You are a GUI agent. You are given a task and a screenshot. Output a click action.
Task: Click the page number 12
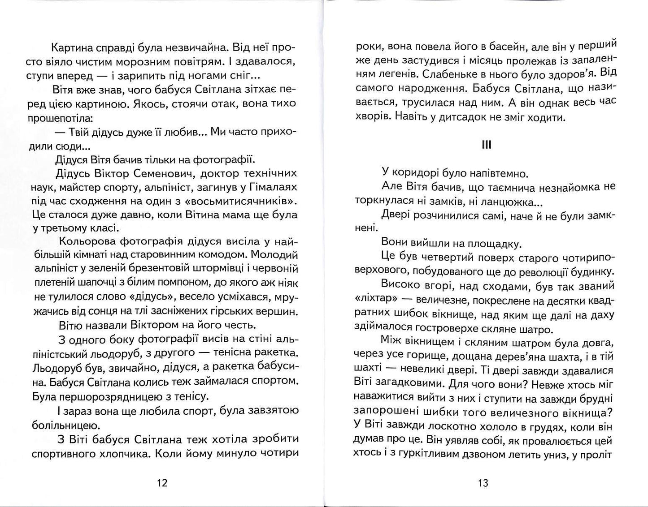(x=162, y=483)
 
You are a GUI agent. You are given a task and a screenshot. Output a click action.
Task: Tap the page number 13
(x=483, y=483)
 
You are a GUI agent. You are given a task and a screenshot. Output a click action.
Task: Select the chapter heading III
(x=486, y=145)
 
